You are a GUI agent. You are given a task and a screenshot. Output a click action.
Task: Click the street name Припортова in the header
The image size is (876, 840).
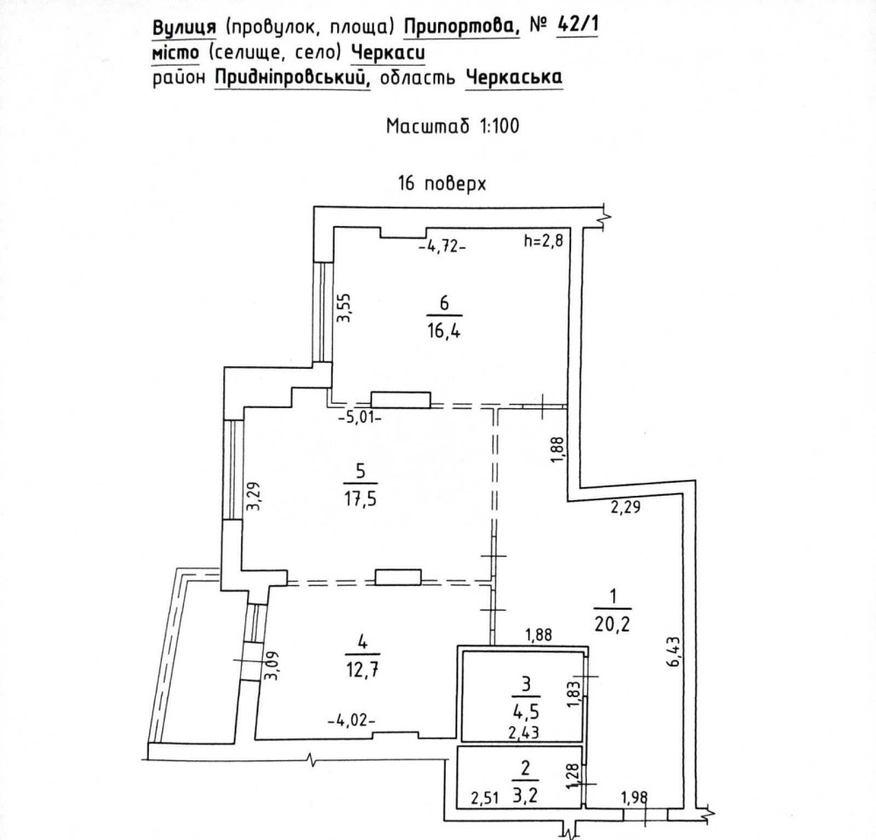coord(462,29)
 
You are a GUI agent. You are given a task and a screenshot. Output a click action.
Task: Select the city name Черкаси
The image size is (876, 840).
coord(388,54)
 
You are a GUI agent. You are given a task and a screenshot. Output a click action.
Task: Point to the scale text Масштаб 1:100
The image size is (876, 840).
coord(453,126)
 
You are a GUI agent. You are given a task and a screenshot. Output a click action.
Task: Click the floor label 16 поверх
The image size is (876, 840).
coord(442,185)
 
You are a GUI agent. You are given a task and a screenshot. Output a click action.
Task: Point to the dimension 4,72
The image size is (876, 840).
coord(442,246)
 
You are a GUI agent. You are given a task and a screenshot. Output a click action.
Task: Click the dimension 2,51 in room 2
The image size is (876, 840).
coord(484,797)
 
